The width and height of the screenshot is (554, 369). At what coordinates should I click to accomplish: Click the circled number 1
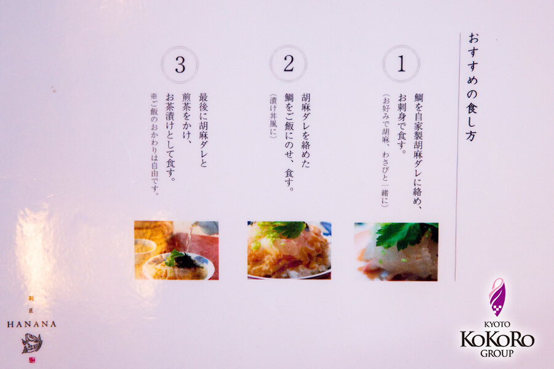point(401,64)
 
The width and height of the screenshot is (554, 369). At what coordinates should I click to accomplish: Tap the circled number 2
point(288,64)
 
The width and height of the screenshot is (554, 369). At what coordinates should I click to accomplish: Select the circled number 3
point(180,65)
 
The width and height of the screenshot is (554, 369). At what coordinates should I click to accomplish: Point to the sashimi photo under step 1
point(396,252)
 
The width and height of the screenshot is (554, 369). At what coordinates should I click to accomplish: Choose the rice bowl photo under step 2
point(289,250)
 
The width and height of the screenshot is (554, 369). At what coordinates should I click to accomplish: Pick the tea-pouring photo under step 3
point(177,250)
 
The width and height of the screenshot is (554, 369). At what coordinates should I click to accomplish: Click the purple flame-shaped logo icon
point(497,297)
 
